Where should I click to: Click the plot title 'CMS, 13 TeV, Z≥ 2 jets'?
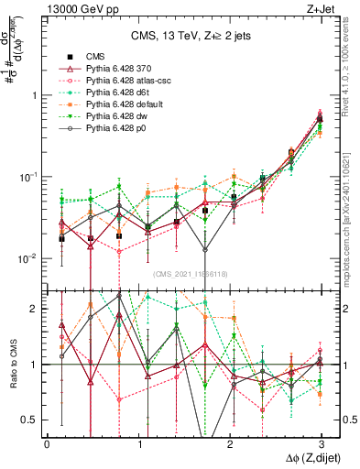184,37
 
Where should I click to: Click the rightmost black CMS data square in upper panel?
319,119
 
